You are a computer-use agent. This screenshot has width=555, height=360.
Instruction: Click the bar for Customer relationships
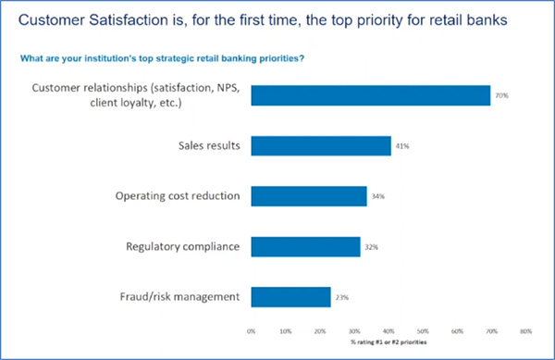[x=370, y=95]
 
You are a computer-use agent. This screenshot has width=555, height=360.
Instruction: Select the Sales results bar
[x=320, y=145]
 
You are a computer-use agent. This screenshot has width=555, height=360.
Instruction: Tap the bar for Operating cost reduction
[x=308, y=196]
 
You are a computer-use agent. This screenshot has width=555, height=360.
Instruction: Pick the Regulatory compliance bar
[x=305, y=246]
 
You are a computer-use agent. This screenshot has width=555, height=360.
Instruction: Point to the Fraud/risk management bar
[x=290, y=296]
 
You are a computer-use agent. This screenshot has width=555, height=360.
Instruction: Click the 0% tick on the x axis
[x=252, y=329]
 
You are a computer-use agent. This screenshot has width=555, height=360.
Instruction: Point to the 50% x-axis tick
[x=423, y=329]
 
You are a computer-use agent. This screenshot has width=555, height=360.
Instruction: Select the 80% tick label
[x=525, y=329]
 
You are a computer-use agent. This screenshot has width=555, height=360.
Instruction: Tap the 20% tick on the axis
[x=320, y=329]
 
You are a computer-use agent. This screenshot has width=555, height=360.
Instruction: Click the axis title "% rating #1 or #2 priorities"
[x=388, y=341]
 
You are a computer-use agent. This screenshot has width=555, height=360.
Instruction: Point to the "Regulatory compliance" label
[x=183, y=246]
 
